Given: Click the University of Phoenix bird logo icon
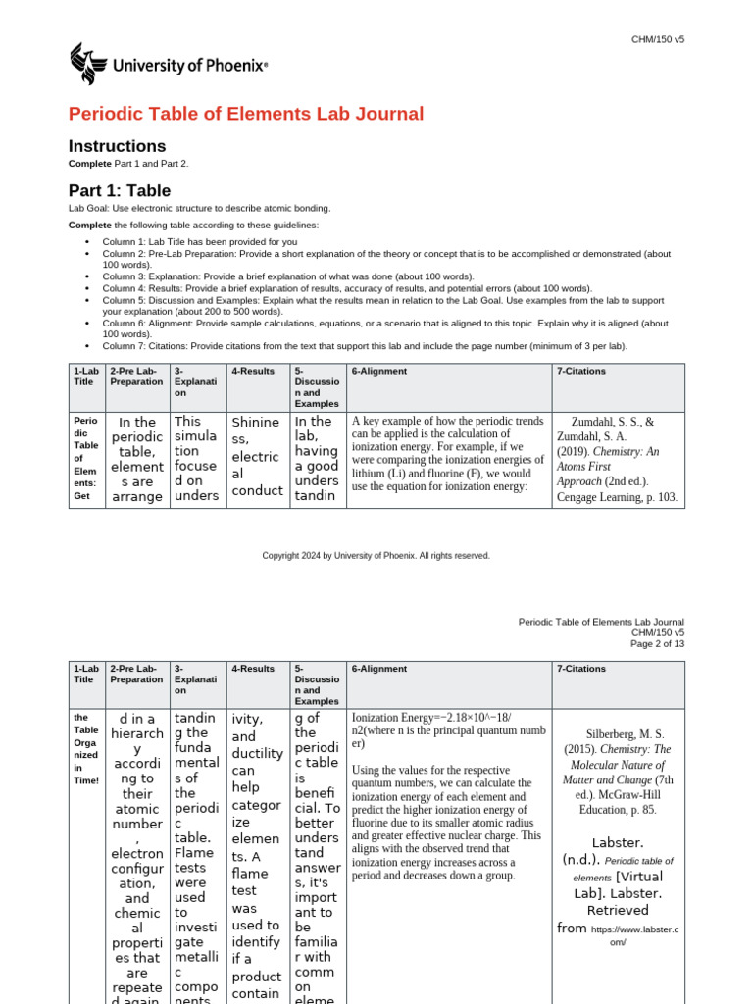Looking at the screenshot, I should (x=89, y=65).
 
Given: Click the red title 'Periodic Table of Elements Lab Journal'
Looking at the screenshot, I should (x=246, y=114).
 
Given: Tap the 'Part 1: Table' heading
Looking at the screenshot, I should (x=119, y=190).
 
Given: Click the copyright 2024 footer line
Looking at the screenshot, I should (x=376, y=556).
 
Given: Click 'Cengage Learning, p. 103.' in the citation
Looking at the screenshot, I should (x=616, y=497).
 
